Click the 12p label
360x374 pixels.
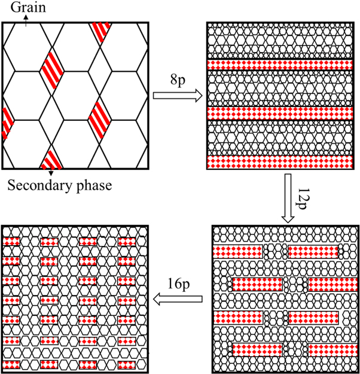[302, 194]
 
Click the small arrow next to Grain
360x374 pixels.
[26, 18]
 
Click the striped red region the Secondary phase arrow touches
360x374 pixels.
[54, 159]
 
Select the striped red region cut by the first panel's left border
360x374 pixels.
[7, 123]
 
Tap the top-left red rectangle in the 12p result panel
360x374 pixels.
[238, 250]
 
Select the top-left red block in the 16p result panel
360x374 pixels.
[11, 241]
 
